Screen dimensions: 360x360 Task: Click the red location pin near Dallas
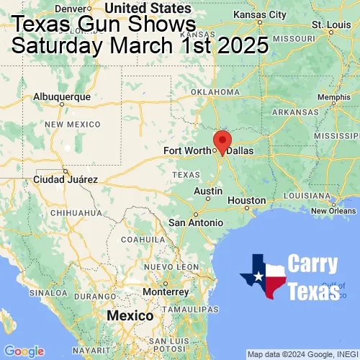(222, 140)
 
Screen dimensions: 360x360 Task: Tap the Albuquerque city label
(62, 96)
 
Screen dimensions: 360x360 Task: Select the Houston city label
(246, 200)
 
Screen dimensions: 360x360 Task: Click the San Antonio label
(196, 222)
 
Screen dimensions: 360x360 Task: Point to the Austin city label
(208, 191)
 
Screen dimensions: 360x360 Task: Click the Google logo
(23, 351)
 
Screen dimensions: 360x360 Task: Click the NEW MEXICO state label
(72, 125)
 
